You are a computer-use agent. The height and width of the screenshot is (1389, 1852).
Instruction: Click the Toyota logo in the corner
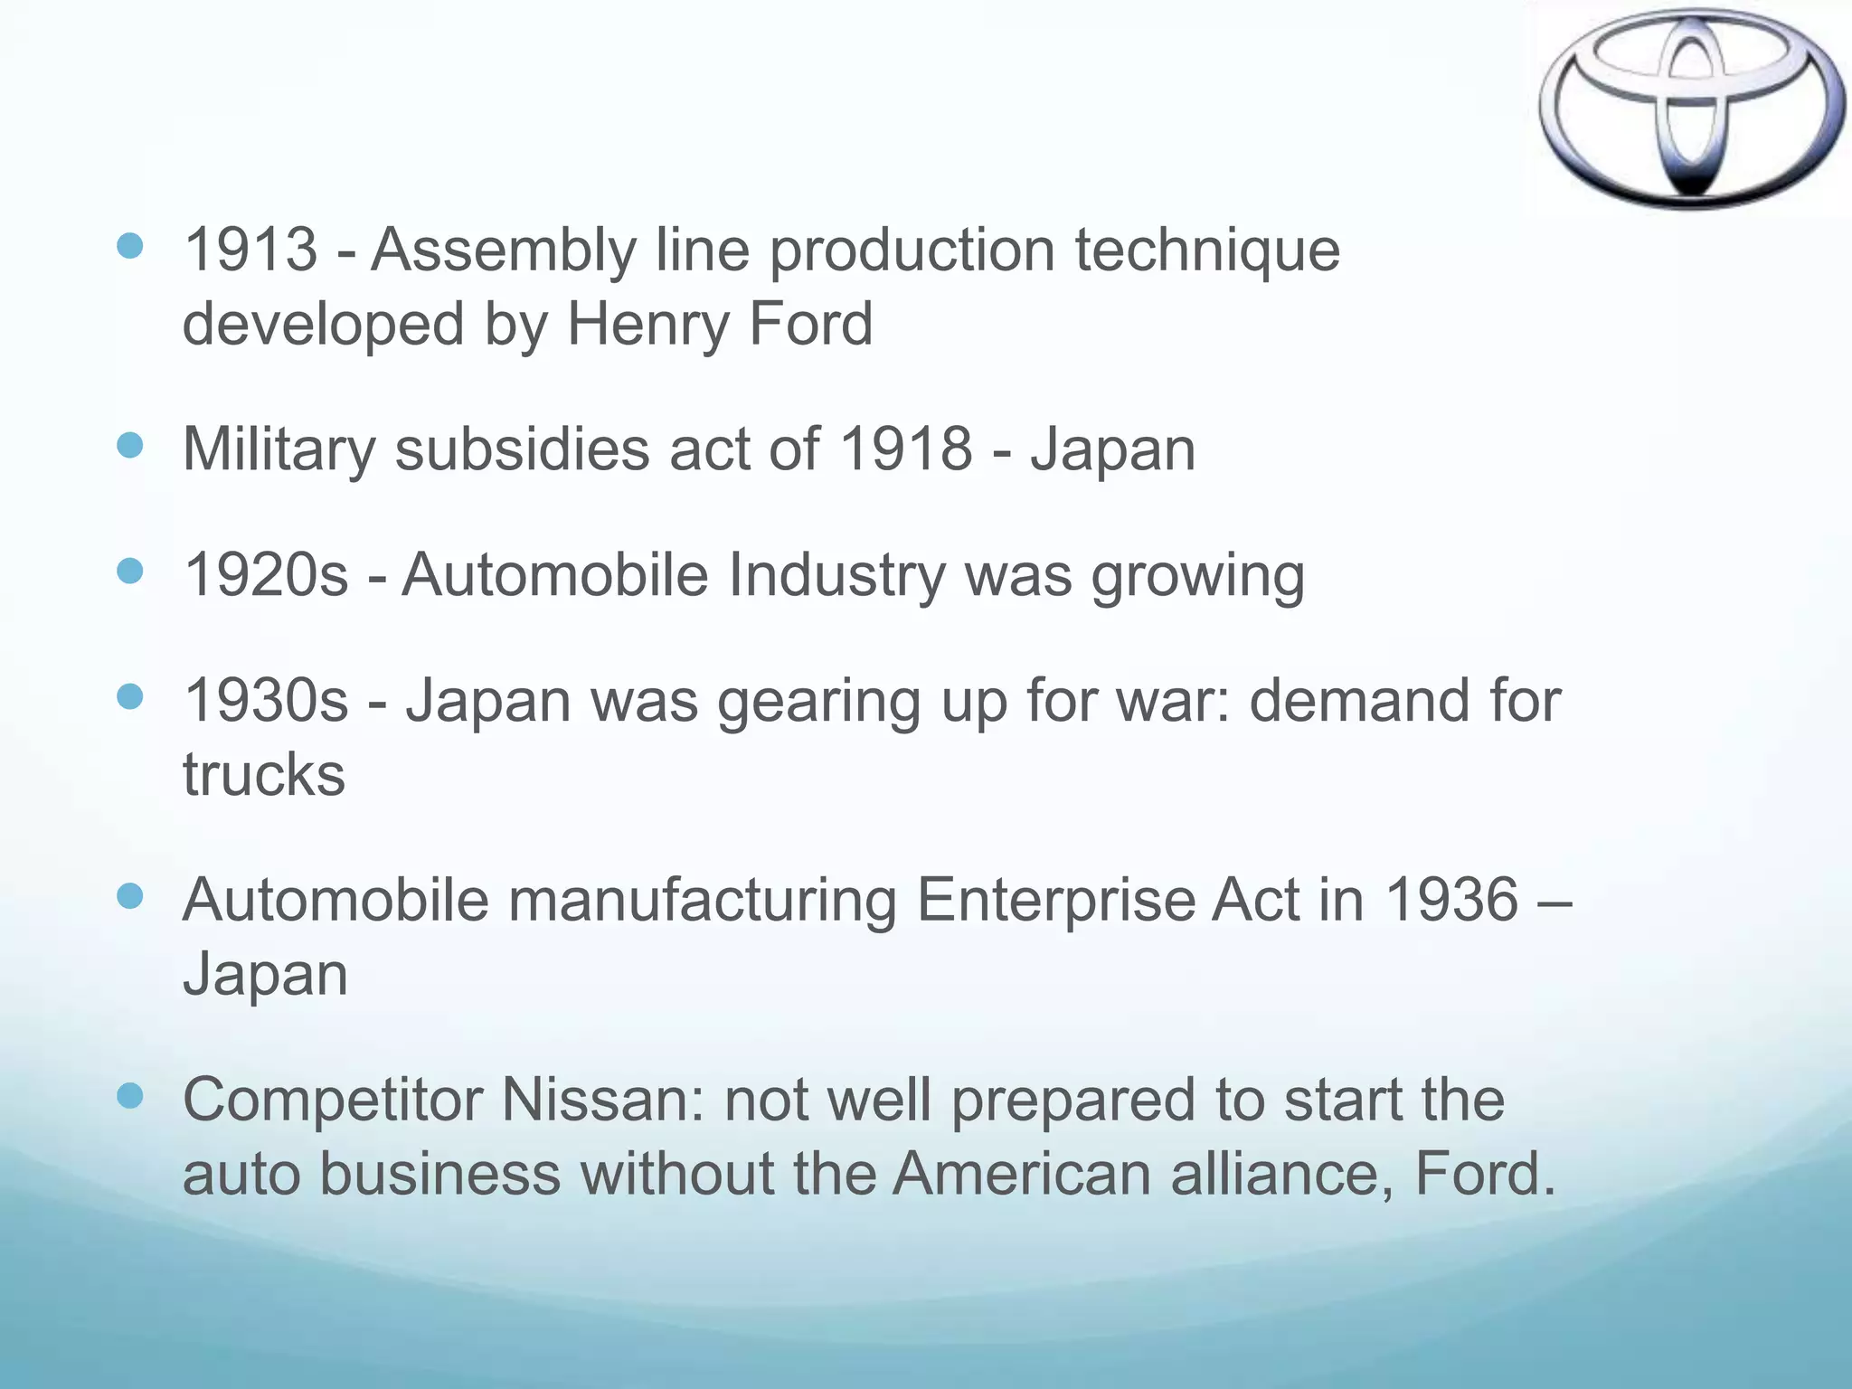click(x=1691, y=109)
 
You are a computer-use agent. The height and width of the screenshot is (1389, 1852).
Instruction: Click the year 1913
click(x=250, y=250)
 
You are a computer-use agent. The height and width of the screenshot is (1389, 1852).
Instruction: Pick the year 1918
click(x=905, y=449)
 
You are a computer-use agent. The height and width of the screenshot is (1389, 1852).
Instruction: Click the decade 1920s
click(x=266, y=575)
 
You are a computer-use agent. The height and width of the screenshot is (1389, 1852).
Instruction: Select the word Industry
click(x=836, y=577)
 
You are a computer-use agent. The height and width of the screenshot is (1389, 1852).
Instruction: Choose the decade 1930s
click(x=266, y=701)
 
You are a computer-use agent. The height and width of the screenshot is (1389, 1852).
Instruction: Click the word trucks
click(x=264, y=776)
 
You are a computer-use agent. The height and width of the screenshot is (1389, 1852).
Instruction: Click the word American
click(x=1022, y=1174)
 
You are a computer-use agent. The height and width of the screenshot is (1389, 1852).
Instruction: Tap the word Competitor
click(x=331, y=1101)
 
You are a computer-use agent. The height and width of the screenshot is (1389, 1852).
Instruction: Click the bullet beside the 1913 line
click(x=130, y=246)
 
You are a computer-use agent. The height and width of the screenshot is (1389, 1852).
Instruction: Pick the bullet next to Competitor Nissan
click(x=130, y=1097)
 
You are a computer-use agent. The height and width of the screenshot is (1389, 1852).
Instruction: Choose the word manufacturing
click(x=702, y=902)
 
